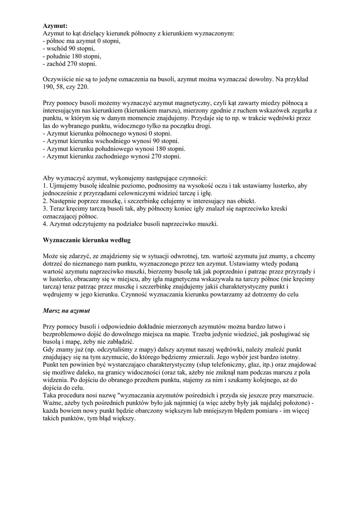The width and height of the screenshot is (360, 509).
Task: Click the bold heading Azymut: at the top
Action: click(x=55, y=25)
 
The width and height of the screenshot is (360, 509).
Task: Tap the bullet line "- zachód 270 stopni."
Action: click(x=70, y=64)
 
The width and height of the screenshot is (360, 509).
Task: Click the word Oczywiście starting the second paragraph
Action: click(x=60, y=79)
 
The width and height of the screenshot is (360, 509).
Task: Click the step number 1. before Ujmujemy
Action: click(x=46, y=185)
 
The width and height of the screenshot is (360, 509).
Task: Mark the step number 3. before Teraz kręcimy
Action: click(x=46, y=209)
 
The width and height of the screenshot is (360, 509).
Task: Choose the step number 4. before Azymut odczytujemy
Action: click(x=46, y=224)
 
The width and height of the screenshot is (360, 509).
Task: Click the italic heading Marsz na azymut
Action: click(x=67, y=310)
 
